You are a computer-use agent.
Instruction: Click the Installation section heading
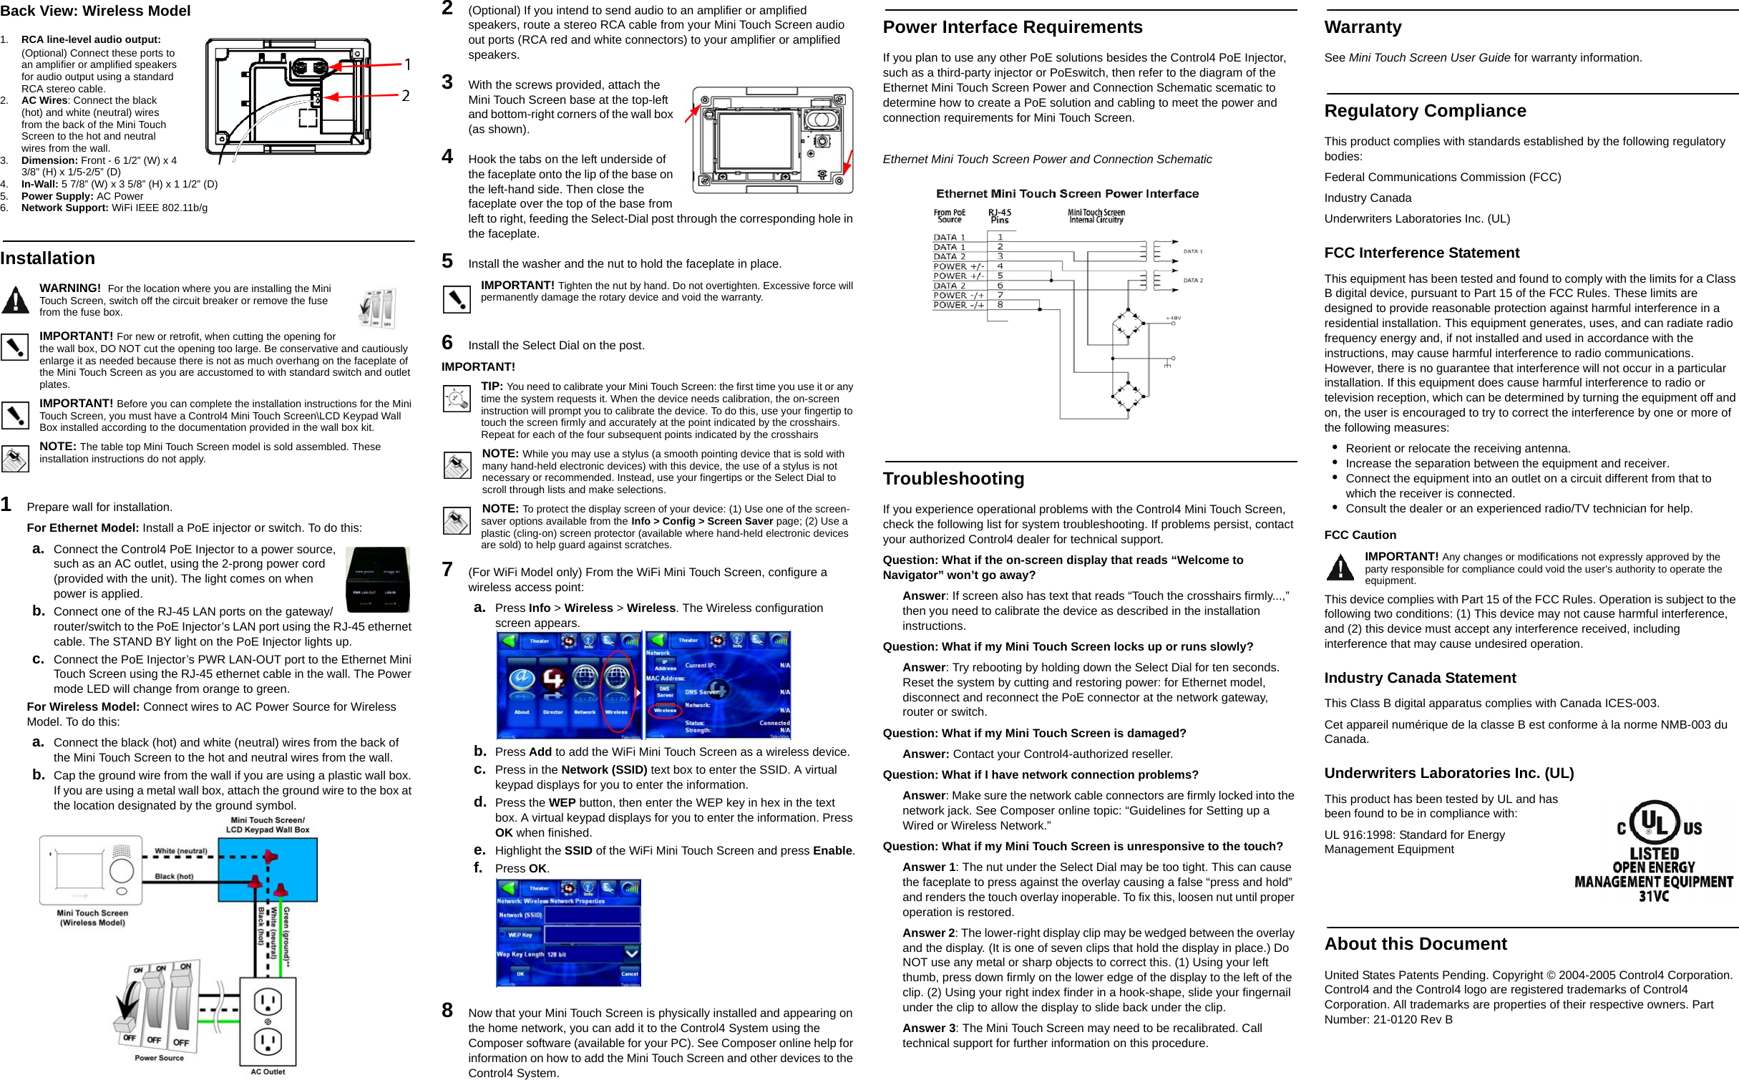click(48, 258)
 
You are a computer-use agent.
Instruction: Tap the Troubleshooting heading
click(953, 479)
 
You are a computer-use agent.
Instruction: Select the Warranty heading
click(1363, 27)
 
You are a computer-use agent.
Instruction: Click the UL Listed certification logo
click(1653, 851)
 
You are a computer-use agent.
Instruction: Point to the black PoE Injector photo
click(377, 580)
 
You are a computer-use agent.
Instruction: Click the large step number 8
click(447, 1011)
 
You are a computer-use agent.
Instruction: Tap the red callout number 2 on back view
click(405, 96)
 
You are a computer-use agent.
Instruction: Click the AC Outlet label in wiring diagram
click(268, 1071)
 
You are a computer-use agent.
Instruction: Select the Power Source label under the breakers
click(159, 1058)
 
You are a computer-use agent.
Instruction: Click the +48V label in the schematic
click(1174, 318)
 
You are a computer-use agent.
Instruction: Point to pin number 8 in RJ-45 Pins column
click(1000, 305)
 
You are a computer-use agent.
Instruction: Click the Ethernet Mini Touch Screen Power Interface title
click(1067, 194)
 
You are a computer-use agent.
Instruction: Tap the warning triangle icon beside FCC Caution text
click(1340, 568)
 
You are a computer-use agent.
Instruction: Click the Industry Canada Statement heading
click(1420, 678)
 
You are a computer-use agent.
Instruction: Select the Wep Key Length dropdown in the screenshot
click(592, 953)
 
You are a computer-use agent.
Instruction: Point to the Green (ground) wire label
click(286, 935)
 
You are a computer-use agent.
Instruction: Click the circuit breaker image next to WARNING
click(378, 308)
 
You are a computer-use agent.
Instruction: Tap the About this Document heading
click(1415, 944)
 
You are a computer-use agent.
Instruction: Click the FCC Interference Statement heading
click(1421, 253)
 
